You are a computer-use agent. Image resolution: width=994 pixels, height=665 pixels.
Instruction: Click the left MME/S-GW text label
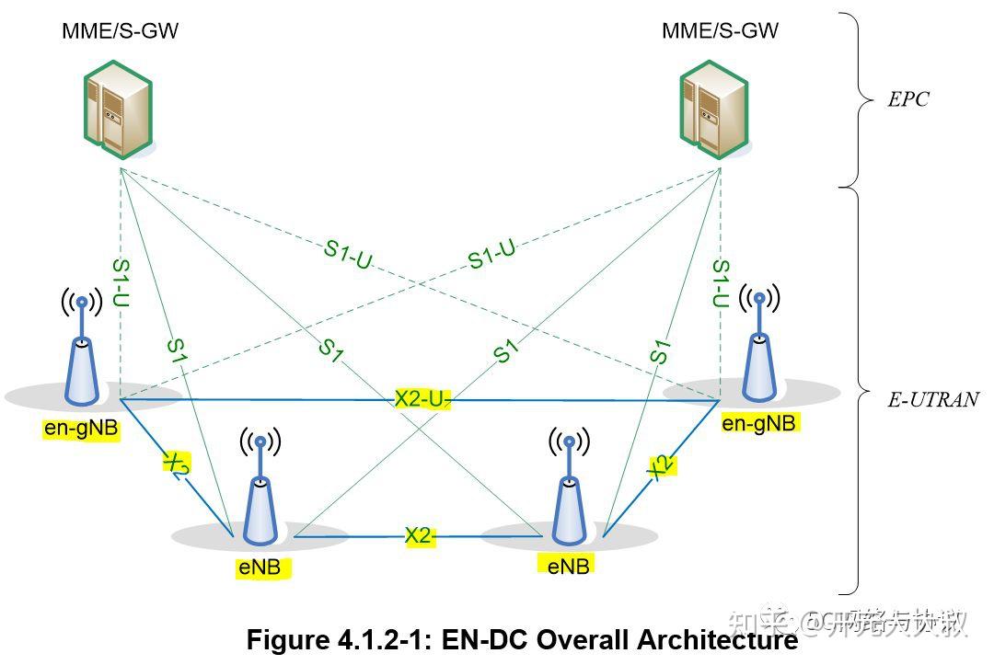[x=120, y=30]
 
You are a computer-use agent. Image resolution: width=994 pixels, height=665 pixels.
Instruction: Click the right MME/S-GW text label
[x=720, y=30]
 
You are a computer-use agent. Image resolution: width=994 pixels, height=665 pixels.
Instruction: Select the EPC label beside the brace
[x=907, y=99]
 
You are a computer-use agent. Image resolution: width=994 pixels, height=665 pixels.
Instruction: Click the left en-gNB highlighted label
[x=82, y=429]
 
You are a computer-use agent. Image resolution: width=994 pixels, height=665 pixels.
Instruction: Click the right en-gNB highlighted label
[x=758, y=422]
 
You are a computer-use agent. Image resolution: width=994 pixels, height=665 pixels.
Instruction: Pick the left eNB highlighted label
[x=260, y=568]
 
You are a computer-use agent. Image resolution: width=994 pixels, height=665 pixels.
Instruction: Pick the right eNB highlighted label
[x=567, y=566]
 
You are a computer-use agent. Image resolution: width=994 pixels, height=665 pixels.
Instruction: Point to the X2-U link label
[x=422, y=398]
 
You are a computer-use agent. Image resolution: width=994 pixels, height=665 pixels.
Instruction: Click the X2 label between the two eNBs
[x=418, y=536]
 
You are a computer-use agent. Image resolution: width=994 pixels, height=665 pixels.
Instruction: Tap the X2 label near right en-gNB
[x=660, y=466]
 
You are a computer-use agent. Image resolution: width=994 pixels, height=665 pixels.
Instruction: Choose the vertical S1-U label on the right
[x=721, y=283]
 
